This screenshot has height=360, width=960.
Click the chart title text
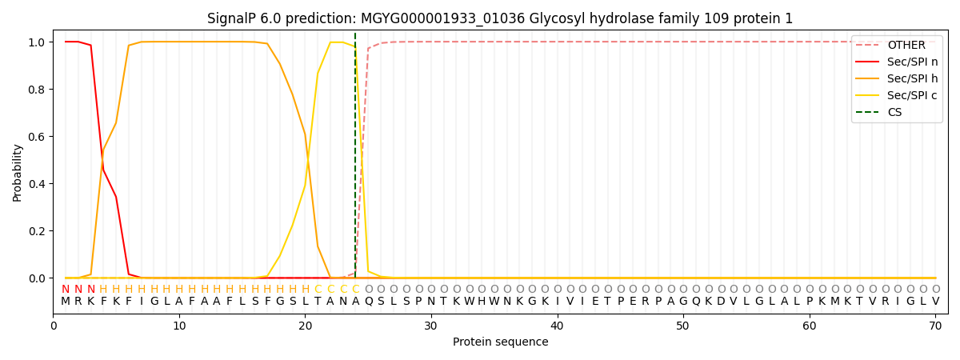pyautogui.click(x=500, y=18)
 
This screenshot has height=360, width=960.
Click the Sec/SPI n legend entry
pyautogui.click(x=911, y=62)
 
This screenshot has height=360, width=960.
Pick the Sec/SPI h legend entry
pyautogui.click(x=911, y=79)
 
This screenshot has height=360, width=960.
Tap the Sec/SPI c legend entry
pyautogui.click(x=911, y=96)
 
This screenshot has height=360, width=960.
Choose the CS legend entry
pyautogui.click(x=894, y=113)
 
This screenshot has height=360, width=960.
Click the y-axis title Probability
pyautogui.click(x=18, y=173)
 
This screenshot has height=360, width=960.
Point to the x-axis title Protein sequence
pyautogui.click(x=500, y=342)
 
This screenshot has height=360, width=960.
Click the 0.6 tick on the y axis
pyautogui.click(x=38, y=137)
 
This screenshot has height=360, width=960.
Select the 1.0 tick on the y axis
pyautogui.click(x=38, y=42)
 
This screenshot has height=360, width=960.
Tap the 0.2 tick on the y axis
pyautogui.click(x=38, y=231)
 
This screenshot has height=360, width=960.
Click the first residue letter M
pyautogui.click(x=66, y=302)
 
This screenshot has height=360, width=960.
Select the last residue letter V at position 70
pyautogui.click(x=935, y=302)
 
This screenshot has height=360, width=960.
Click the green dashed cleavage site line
pyautogui.click(x=355, y=160)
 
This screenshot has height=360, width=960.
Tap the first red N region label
pyautogui.click(x=66, y=290)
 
